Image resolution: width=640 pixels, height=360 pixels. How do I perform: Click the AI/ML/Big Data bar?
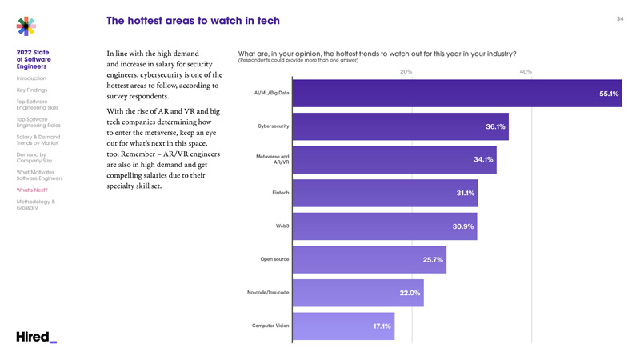pyautogui.click(x=456, y=94)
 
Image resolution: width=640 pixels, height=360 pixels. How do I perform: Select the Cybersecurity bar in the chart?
pyautogui.click(x=400, y=126)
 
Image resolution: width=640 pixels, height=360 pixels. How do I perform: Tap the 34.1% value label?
pyautogui.click(x=483, y=160)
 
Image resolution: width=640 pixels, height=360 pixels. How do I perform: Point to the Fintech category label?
pyautogui.click(x=280, y=193)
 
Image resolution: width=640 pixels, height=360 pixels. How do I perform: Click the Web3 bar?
pyautogui.click(x=384, y=226)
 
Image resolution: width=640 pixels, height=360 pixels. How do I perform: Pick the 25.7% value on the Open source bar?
pyautogui.click(x=433, y=260)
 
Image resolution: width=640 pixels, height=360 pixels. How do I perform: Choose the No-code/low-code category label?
pyautogui.click(x=268, y=292)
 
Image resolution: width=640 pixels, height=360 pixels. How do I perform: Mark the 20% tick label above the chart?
pyautogui.click(x=406, y=72)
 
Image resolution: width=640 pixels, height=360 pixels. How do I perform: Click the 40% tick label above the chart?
pyautogui.click(x=526, y=72)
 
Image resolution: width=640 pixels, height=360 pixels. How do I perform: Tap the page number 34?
pyautogui.click(x=619, y=18)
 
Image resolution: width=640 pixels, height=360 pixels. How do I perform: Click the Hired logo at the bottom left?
pyautogui.click(x=36, y=337)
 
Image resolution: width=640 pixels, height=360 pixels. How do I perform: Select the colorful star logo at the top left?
pyautogui.click(x=26, y=26)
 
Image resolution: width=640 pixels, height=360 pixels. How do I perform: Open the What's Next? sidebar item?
pyautogui.click(x=32, y=190)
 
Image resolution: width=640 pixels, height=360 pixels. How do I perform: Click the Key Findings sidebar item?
pyautogui.click(x=31, y=90)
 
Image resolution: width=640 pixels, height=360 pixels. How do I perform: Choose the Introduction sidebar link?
pyautogui.click(x=31, y=78)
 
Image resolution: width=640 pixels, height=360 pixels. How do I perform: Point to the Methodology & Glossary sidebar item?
pyautogui.click(x=36, y=205)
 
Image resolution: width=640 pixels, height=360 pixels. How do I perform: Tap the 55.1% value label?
pyautogui.click(x=609, y=94)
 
